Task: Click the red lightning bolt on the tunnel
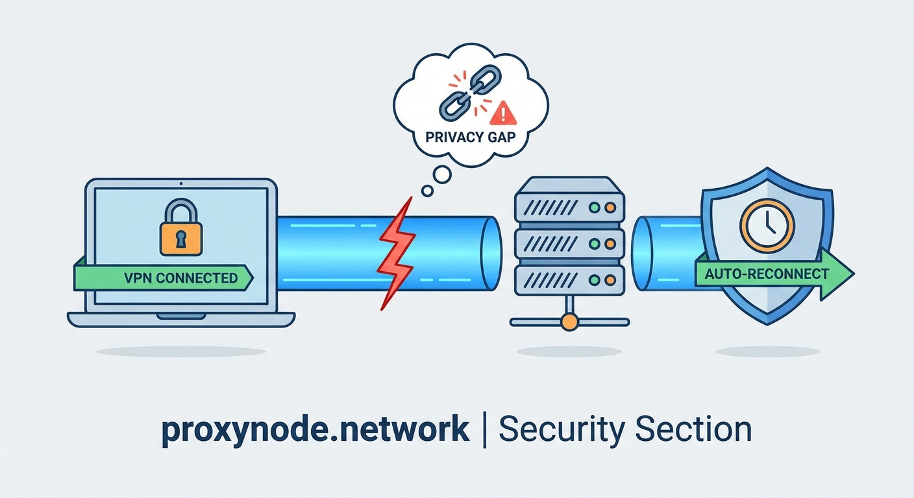[396, 254]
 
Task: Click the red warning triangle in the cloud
[503, 115]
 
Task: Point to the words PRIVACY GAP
[471, 137]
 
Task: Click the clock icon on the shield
[767, 225]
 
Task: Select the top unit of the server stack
[569, 207]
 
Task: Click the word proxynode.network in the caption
[315, 430]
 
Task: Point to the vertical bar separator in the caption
[484, 430]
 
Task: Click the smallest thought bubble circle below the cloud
[427, 191]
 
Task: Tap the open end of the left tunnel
[493, 254]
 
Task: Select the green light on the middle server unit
[593, 244]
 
